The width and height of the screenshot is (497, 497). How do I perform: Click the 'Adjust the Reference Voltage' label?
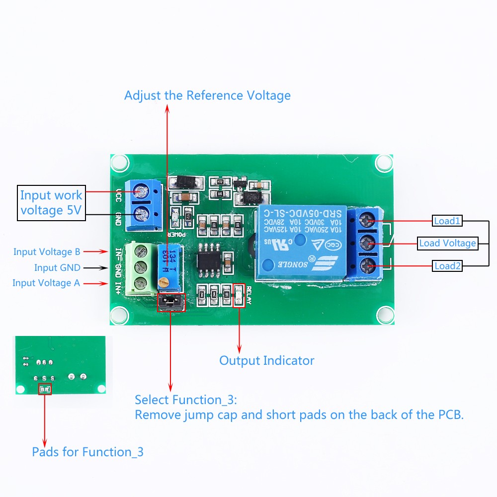tap(207, 95)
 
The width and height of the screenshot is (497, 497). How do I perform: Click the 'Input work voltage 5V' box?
tap(51, 203)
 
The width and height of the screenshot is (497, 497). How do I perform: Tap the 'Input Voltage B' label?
tap(47, 252)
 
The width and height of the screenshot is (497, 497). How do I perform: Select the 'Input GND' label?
tap(57, 268)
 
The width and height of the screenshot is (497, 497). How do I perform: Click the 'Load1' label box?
tap(447, 221)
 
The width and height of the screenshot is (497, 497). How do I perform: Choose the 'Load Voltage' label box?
tap(447, 243)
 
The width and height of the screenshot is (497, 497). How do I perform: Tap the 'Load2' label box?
tap(447, 266)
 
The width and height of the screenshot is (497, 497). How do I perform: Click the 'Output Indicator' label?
tap(267, 360)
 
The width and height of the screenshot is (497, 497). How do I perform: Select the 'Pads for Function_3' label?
tap(87, 452)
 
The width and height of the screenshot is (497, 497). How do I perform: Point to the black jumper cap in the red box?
tap(170, 302)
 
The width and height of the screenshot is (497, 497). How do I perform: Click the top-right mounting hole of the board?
tap(384, 162)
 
